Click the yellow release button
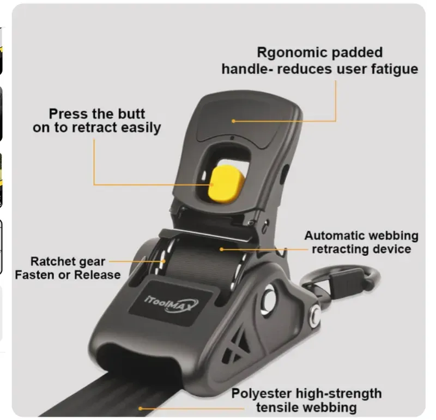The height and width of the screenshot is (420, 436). [226, 183]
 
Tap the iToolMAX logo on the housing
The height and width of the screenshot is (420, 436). [172, 304]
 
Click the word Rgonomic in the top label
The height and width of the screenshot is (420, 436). [290, 53]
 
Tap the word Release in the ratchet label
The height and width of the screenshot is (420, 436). [98, 275]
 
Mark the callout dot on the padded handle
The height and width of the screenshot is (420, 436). [234, 121]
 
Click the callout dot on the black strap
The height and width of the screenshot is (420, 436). [141, 409]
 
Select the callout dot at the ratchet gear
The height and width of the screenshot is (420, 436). [164, 261]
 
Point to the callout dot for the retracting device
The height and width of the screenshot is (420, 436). [221, 249]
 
